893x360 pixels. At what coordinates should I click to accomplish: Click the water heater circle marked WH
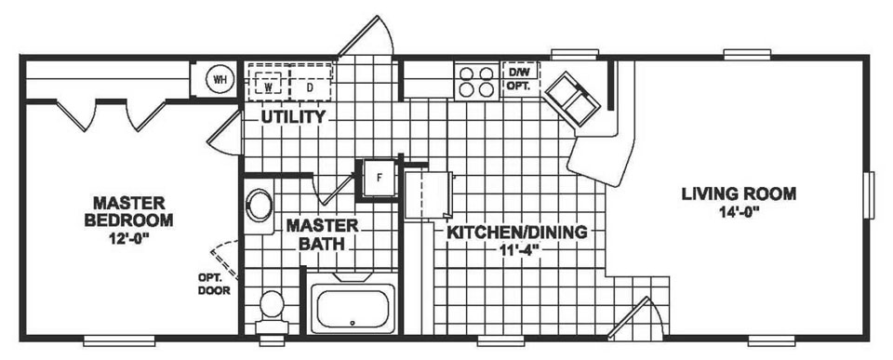[x=220, y=79]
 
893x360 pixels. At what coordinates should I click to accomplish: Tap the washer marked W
[x=268, y=83]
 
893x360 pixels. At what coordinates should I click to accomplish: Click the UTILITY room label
[x=292, y=118]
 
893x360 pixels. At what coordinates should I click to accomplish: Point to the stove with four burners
[x=474, y=80]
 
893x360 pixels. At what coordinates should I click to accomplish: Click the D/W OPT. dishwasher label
[x=518, y=76]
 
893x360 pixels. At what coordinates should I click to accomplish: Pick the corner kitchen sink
[x=570, y=97]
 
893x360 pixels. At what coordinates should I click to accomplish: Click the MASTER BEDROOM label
[x=128, y=211]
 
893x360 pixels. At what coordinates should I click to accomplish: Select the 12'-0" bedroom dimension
[x=128, y=238]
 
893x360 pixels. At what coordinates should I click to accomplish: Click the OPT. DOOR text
[x=208, y=284]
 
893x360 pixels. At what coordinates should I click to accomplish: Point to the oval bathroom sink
[x=259, y=206]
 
